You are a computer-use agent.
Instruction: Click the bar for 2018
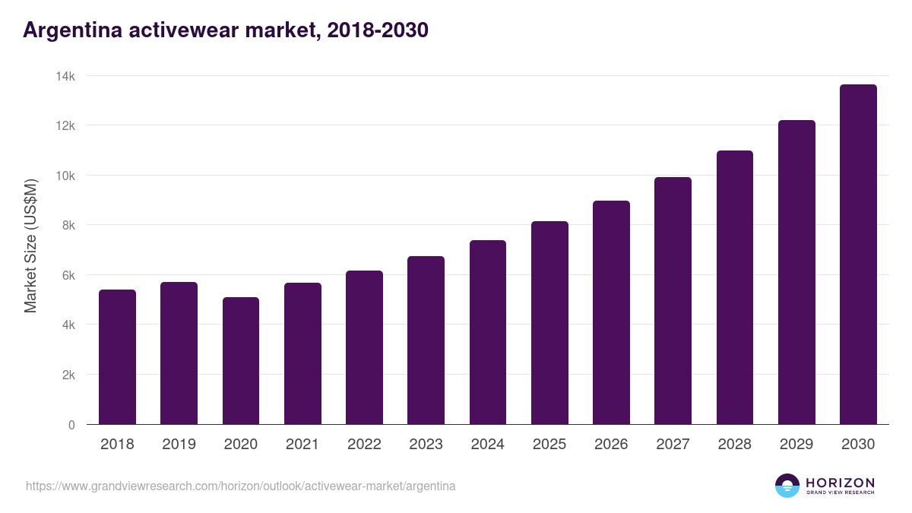(x=117, y=357)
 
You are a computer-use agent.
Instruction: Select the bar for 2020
(x=241, y=361)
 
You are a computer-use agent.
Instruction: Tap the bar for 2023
(x=426, y=340)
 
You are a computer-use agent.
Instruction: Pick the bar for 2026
(x=611, y=312)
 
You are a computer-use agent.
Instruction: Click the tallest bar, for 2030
(x=858, y=255)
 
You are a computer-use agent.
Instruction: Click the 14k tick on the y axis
(x=65, y=76)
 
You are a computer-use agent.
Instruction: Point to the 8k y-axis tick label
(x=68, y=226)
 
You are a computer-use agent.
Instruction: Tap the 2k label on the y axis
(x=68, y=375)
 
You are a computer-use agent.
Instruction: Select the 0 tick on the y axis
(x=71, y=425)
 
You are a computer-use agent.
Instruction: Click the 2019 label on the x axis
(x=179, y=445)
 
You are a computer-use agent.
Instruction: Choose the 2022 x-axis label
(x=364, y=445)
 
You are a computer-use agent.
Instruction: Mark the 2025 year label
(x=549, y=445)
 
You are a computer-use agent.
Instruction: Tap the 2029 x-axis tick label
(x=796, y=445)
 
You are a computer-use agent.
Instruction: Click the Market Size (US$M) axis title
(x=31, y=245)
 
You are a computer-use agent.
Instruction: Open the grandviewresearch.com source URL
(x=241, y=486)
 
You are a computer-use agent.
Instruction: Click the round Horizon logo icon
(x=787, y=486)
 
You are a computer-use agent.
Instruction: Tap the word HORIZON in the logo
(x=840, y=482)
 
